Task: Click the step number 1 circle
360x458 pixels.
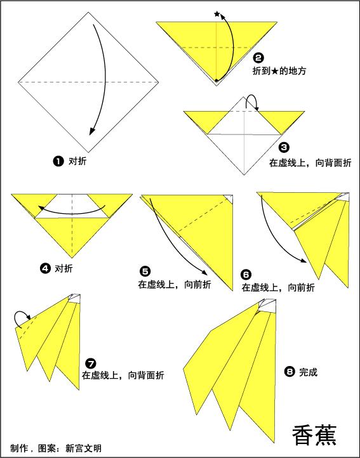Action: (x=58, y=161)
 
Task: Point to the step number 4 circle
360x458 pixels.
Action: (x=45, y=268)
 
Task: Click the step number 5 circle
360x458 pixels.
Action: (x=144, y=272)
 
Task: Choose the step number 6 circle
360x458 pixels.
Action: (x=246, y=274)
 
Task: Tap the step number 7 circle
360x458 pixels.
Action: (x=90, y=363)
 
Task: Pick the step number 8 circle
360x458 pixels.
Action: (x=290, y=372)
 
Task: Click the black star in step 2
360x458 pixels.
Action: (x=217, y=14)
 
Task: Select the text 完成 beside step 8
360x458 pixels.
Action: (x=308, y=372)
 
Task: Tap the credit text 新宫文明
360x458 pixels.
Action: (x=83, y=448)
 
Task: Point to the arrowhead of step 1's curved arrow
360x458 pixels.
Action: (x=93, y=131)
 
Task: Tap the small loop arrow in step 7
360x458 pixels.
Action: (x=23, y=317)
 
